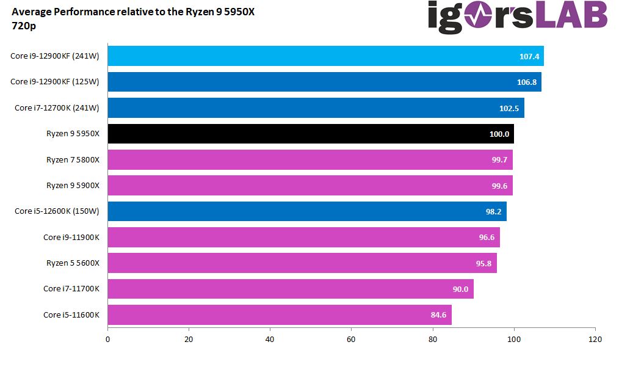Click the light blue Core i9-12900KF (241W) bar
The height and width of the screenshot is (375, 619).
[x=325, y=56]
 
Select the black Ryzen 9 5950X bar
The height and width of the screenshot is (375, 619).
[x=311, y=134]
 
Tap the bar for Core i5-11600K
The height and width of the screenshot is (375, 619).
[x=280, y=315]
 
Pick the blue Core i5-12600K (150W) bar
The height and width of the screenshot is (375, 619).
[x=307, y=211]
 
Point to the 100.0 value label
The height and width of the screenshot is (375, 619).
[x=499, y=134]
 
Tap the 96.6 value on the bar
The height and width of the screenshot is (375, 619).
[x=487, y=237]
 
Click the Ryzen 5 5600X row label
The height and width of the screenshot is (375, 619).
[x=73, y=263]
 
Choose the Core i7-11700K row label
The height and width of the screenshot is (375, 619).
[x=71, y=289]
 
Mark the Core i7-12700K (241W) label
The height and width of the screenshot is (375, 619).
[x=57, y=108]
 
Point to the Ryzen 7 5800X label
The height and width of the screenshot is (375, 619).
[x=73, y=159]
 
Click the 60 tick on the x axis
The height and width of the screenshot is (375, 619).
[x=351, y=339]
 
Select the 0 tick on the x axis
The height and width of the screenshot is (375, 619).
[x=108, y=339]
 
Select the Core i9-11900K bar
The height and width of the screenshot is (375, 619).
[x=303, y=237]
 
